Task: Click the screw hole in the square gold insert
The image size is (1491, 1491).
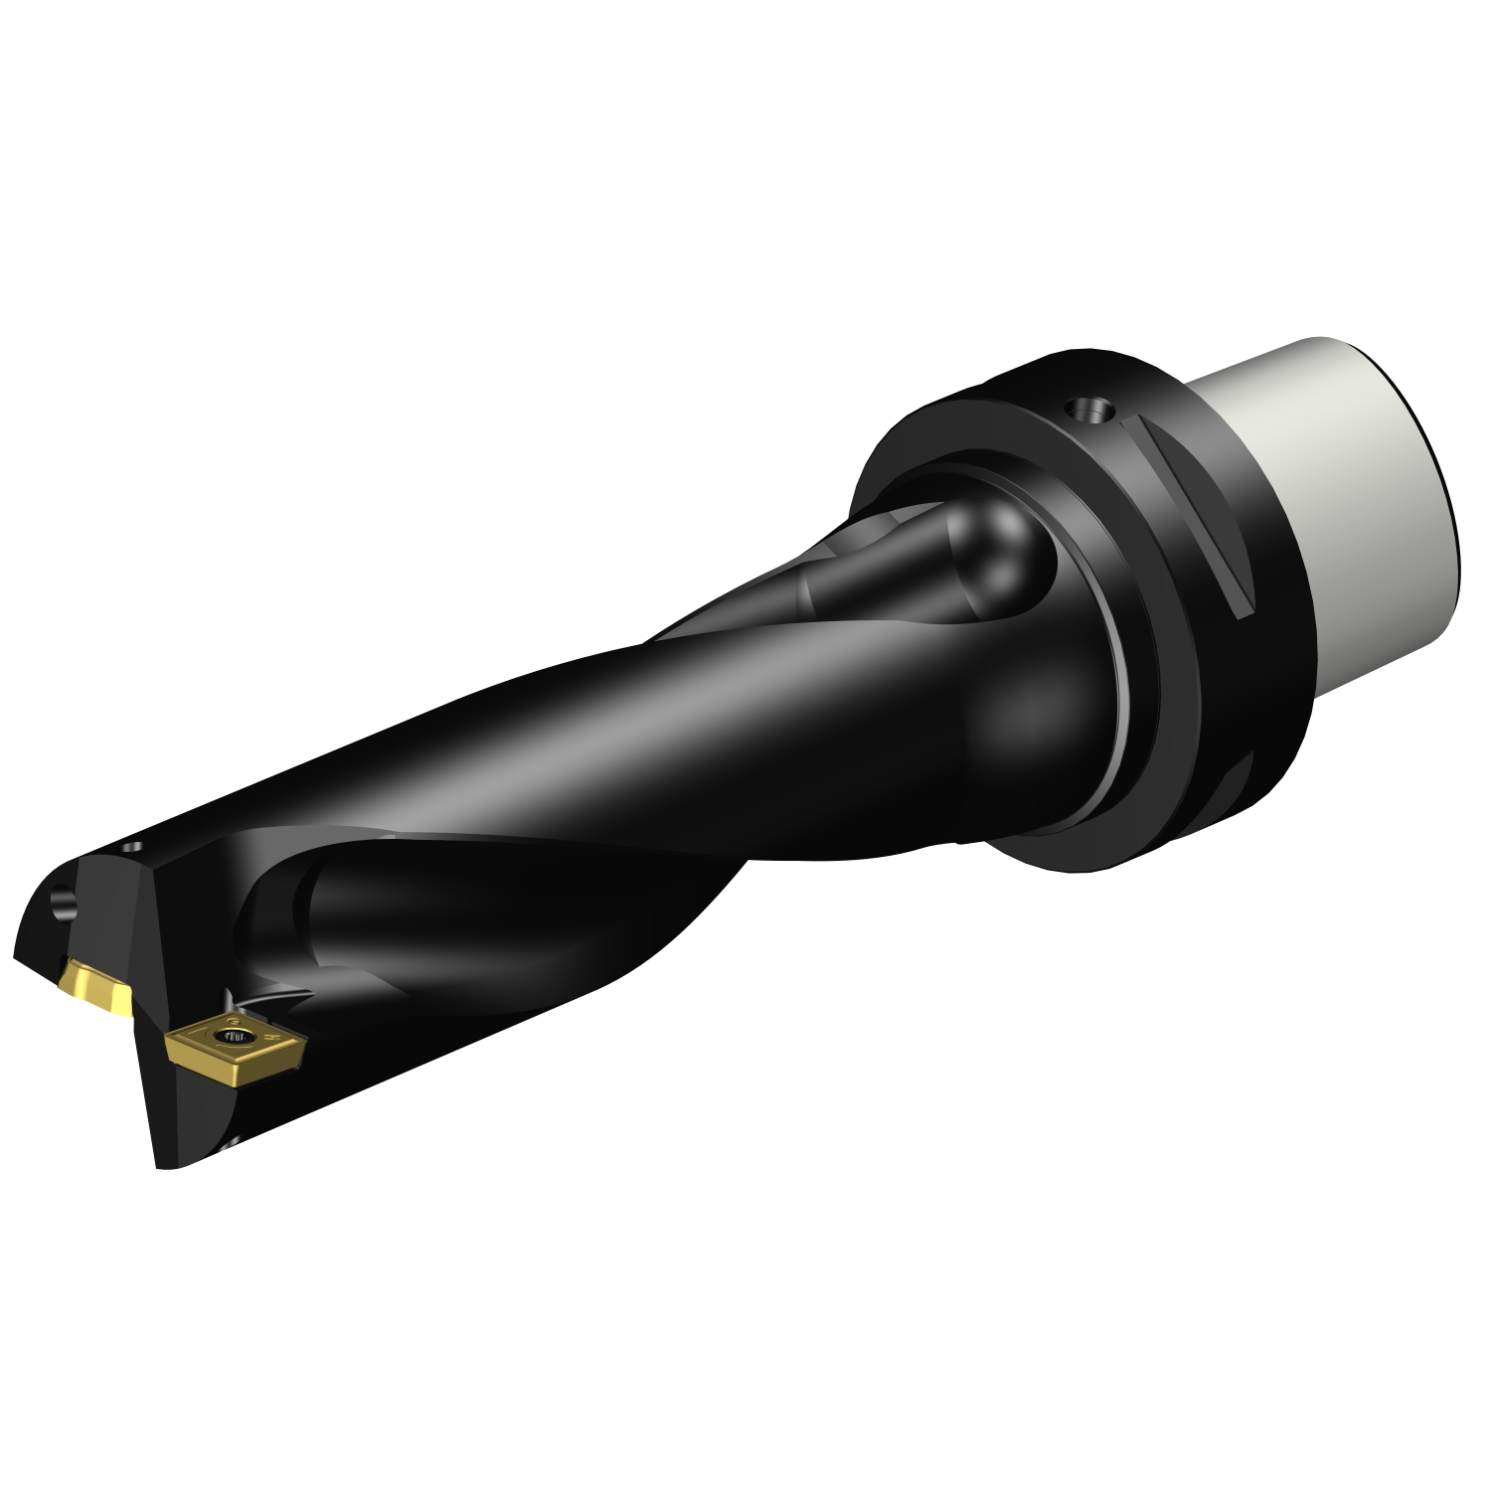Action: (239, 1039)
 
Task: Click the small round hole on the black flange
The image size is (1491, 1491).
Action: (1085, 409)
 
